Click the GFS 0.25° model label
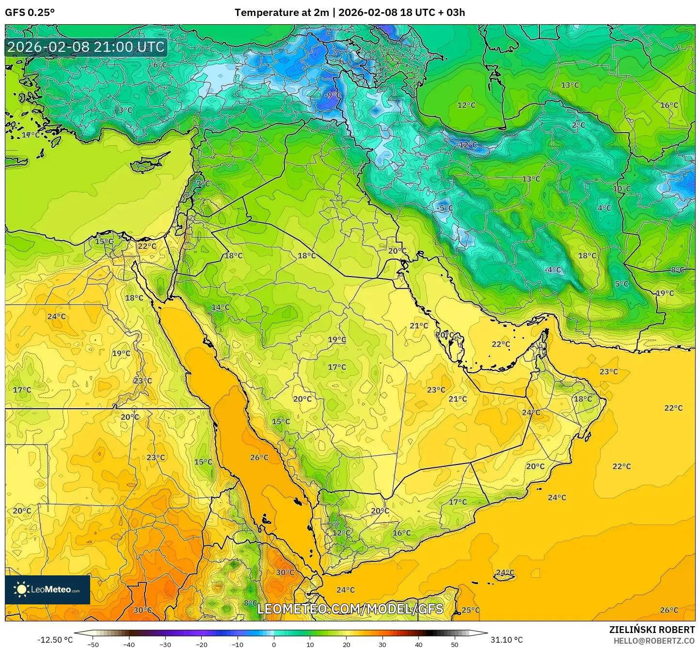(30, 13)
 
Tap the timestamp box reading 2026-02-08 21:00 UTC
(86, 47)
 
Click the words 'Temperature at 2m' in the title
(281, 13)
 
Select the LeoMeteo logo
(48, 589)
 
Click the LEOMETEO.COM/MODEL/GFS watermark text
(350, 609)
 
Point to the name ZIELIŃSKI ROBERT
(652, 630)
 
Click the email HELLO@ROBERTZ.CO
(654, 640)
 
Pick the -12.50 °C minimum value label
(55, 640)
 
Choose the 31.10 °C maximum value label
(507, 640)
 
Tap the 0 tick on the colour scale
(274, 644)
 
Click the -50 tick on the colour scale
(93, 644)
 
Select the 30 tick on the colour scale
(382, 644)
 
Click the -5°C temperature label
(445, 208)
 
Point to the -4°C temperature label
(553, 270)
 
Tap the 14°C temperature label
(221, 308)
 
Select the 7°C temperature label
(203, 184)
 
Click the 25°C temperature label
(470, 610)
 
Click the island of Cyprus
(148, 163)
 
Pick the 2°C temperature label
(578, 125)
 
